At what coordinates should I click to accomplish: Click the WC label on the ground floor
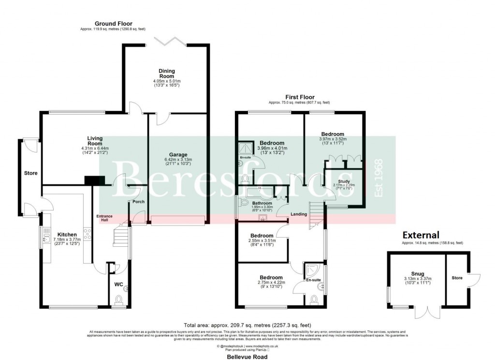(119, 285)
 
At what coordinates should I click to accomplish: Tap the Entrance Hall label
(104, 218)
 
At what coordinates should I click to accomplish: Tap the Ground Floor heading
(113, 24)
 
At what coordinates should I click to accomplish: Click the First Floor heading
(299, 97)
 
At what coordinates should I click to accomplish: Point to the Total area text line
(247, 325)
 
